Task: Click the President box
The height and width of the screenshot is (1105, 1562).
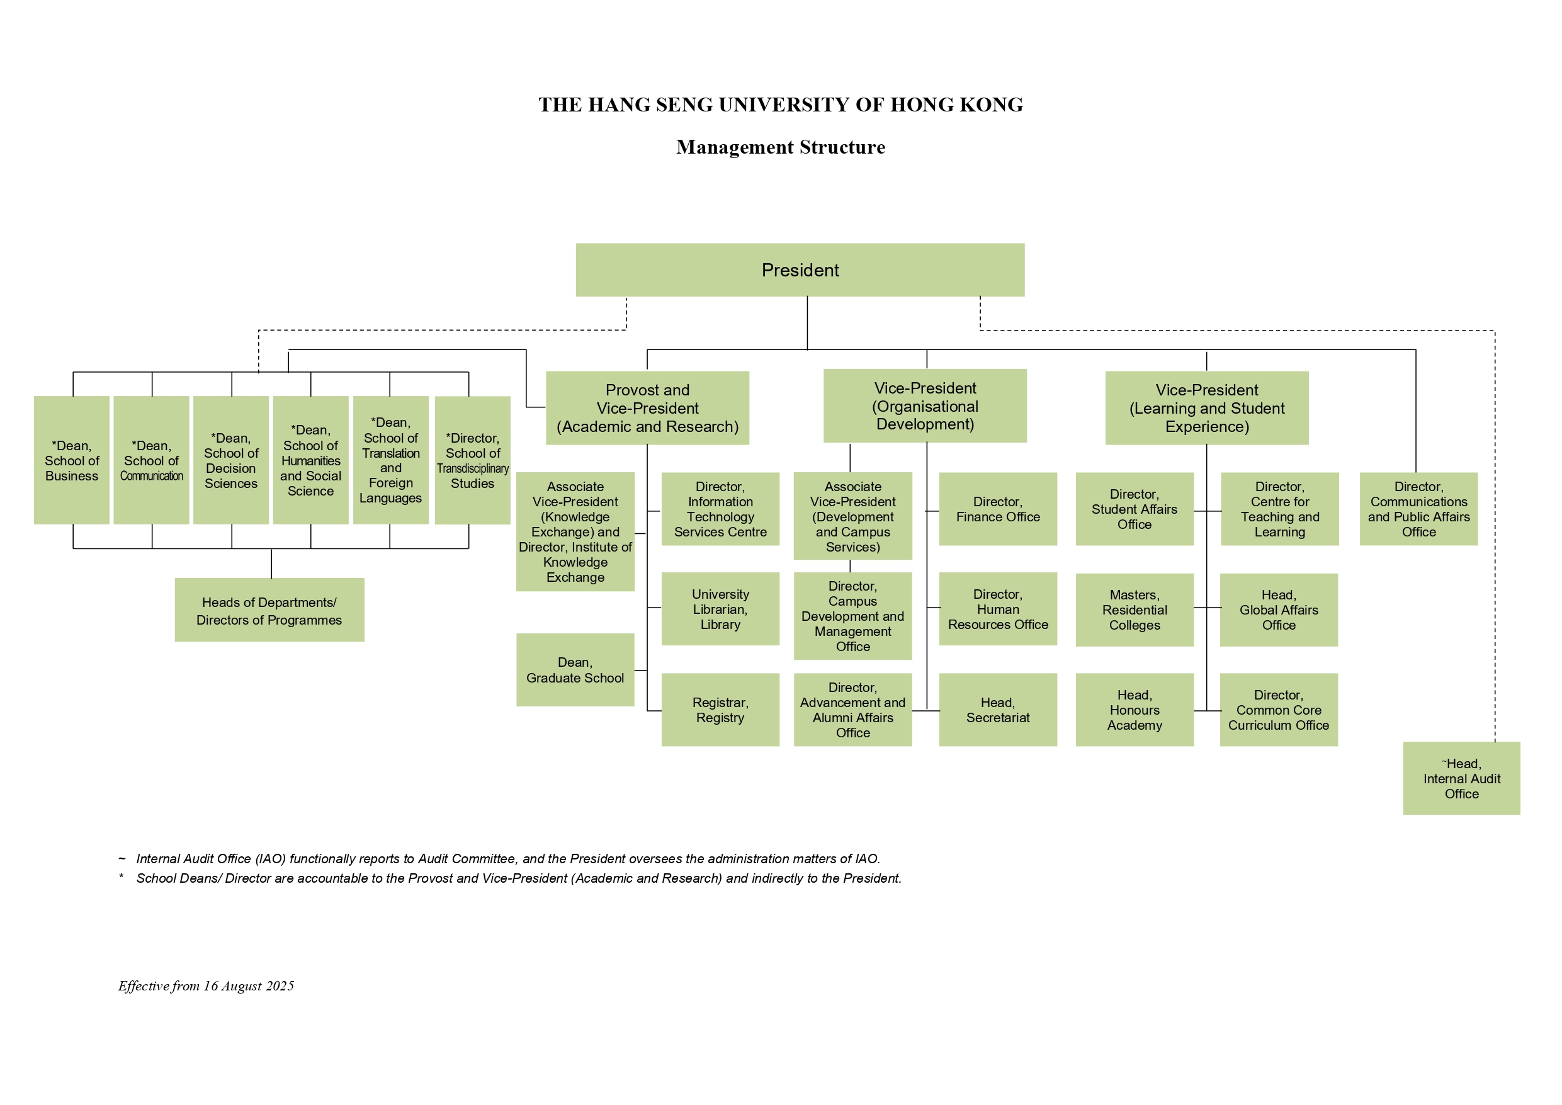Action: (x=800, y=270)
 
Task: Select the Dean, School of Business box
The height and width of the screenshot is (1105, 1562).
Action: (x=71, y=460)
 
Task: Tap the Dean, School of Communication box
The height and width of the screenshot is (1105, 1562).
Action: (x=151, y=460)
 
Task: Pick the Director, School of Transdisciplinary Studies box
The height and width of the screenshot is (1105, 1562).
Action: (x=473, y=460)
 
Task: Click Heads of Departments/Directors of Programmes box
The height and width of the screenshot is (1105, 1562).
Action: (x=269, y=610)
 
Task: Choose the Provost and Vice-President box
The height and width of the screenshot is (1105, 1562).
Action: (x=648, y=408)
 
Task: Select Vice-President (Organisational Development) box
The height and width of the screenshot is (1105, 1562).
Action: (x=925, y=406)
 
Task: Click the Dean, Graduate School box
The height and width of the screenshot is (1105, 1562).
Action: (x=575, y=670)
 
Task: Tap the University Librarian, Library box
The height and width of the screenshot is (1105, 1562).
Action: (x=720, y=609)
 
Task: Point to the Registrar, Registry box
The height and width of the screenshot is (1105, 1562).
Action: (x=720, y=710)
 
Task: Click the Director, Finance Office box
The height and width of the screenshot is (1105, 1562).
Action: (x=998, y=509)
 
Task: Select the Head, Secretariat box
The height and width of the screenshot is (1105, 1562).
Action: (x=998, y=710)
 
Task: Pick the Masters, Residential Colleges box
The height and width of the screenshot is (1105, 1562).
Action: (x=1135, y=609)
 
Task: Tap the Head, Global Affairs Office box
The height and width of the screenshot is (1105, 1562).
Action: (x=1279, y=609)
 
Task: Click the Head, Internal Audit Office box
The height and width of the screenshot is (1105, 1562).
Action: (x=1462, y=778)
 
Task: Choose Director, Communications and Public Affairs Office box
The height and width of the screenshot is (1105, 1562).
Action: (x=1419, y=509)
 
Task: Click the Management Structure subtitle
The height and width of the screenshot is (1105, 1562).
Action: (x=781, y=147)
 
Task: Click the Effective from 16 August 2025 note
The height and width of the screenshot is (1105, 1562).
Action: (x=206, y=986)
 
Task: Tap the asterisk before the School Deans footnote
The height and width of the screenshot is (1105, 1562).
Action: (x=121, y=876)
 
